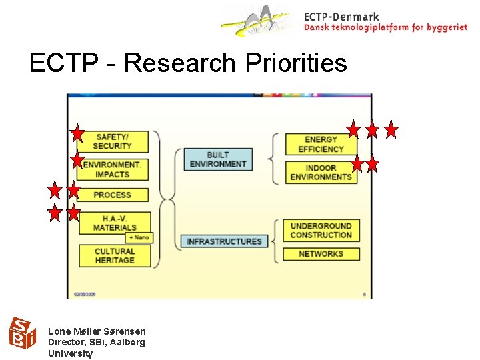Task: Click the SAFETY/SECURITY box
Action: [x=113, y=141]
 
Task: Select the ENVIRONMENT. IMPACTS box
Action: [x=113, y=169]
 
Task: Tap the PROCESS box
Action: [x=113, y=195]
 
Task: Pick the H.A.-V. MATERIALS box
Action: [x=114, y=223]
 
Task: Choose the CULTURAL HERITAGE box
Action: [x=114, y=255]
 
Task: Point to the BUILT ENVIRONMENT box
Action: [x=217, y=159]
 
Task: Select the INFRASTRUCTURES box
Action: [x=225, y=241]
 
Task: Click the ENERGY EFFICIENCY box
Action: [x=321, y=144]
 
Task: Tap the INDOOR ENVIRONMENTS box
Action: [x=321, y=172]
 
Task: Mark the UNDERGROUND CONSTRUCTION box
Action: [x=321, y=231]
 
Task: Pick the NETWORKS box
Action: [x=321, y=254]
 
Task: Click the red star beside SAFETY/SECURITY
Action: [x=78, y=133]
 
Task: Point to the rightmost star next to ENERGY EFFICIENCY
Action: [x=391, y=129]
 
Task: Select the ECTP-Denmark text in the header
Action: [x=341, y=17]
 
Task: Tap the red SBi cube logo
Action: [x=21, y=333]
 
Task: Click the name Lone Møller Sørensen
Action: [x=97, y=331]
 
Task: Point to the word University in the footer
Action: [x=71, y=353]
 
